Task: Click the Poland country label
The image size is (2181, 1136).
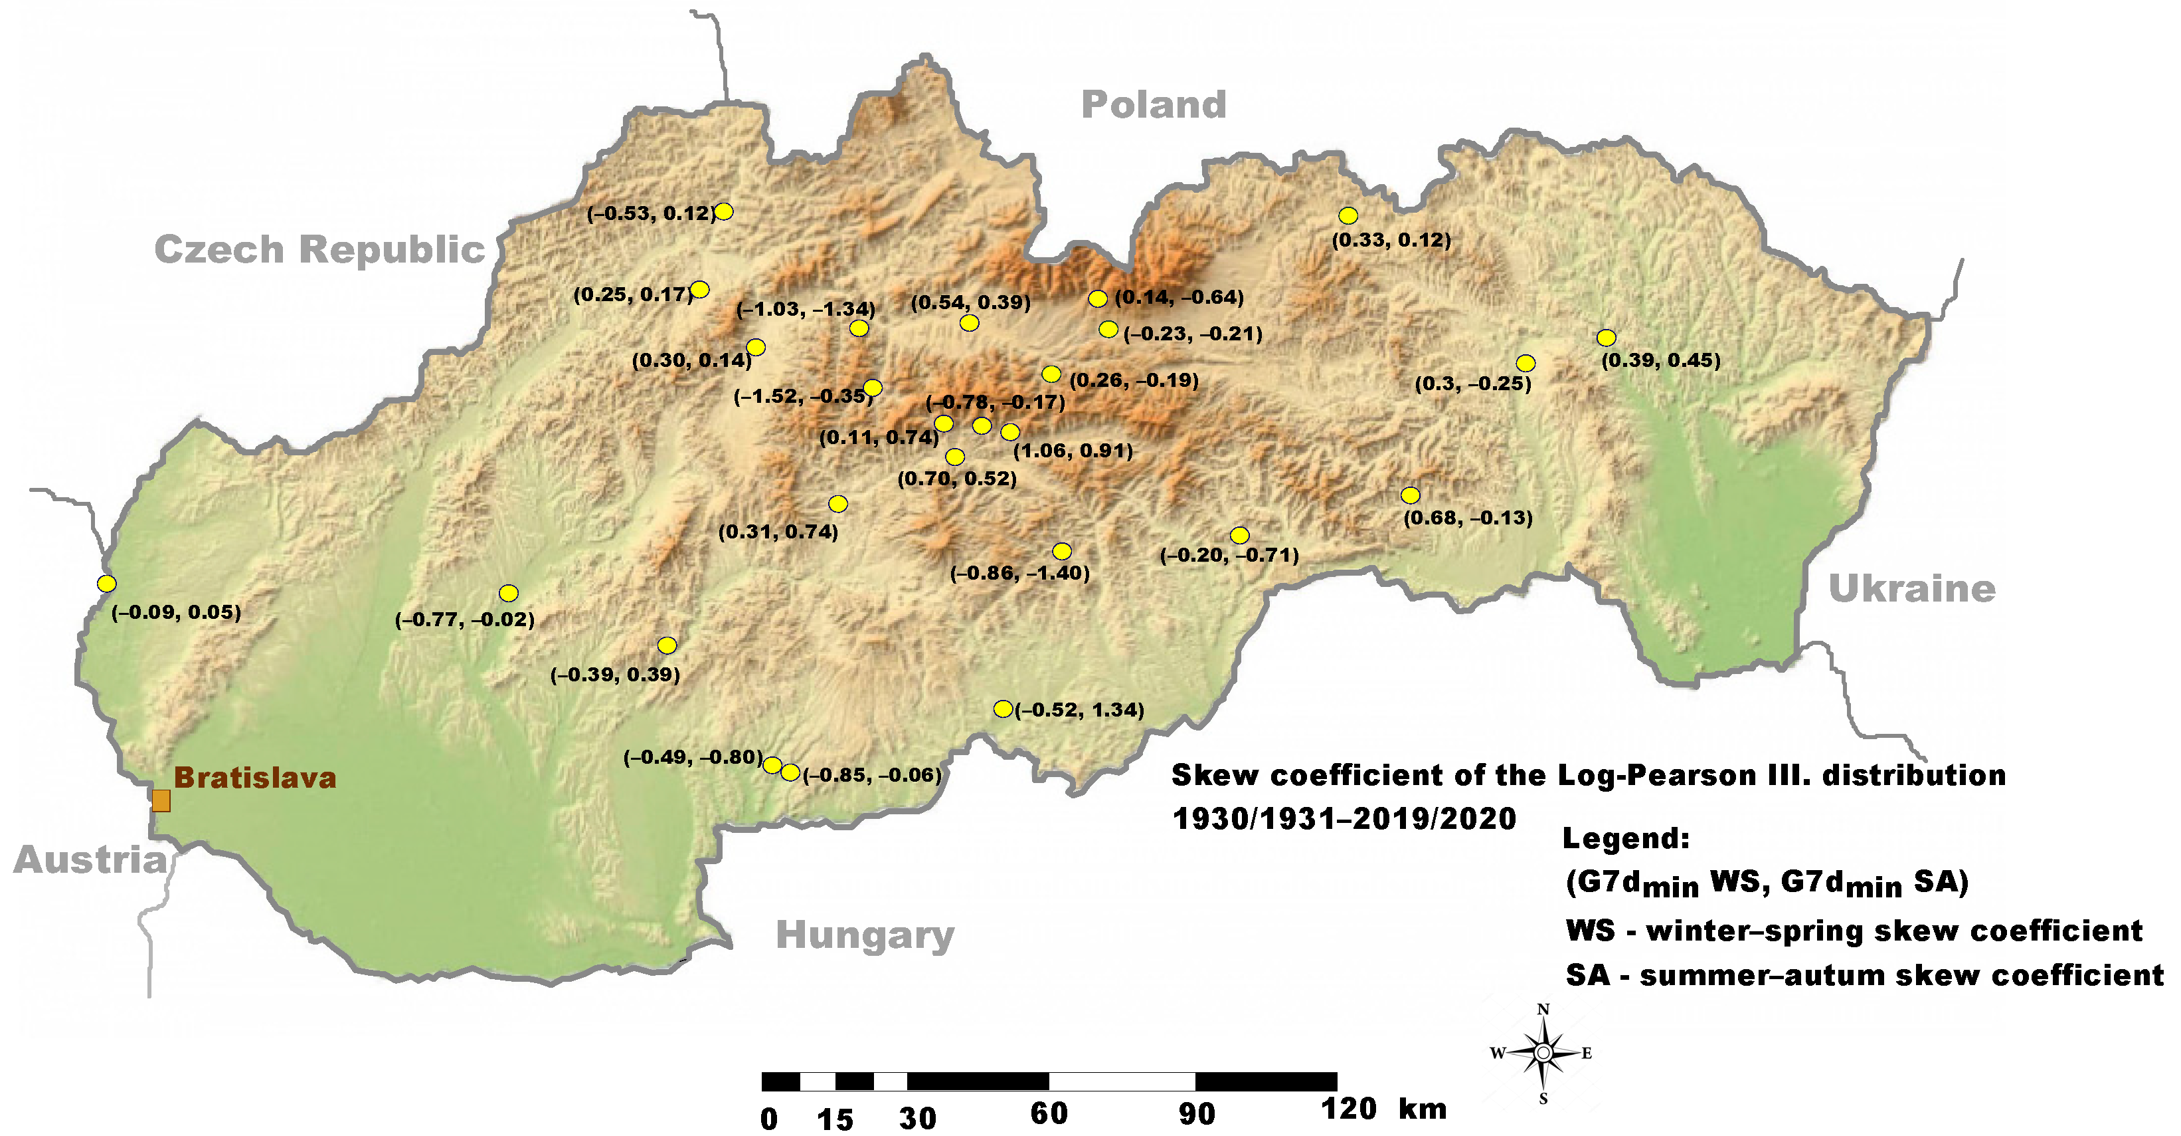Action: (1153, 105)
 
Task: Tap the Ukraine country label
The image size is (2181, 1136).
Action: (1912, 589)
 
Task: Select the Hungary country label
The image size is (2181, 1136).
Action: (865, 935)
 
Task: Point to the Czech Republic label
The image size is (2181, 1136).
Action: (319, 250)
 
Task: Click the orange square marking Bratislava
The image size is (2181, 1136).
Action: (161, 800)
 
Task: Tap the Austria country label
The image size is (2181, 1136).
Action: (90, 860)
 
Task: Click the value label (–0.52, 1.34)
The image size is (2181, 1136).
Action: (1079, 710)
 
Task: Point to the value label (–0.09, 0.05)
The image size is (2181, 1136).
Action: (176, 612)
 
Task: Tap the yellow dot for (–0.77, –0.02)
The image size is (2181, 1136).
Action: (508, 593)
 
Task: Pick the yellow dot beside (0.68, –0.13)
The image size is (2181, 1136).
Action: (1410, 495)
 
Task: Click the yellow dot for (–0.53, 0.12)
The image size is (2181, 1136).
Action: (724, 211)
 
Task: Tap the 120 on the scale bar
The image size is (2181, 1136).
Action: (1348, 1109)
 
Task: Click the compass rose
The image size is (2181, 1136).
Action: (1543, 1053)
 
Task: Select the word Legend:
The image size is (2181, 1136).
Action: (1626, 839)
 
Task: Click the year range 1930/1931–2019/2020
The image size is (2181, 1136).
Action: (1344, 818)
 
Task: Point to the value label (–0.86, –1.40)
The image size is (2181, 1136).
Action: (1019, 574)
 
